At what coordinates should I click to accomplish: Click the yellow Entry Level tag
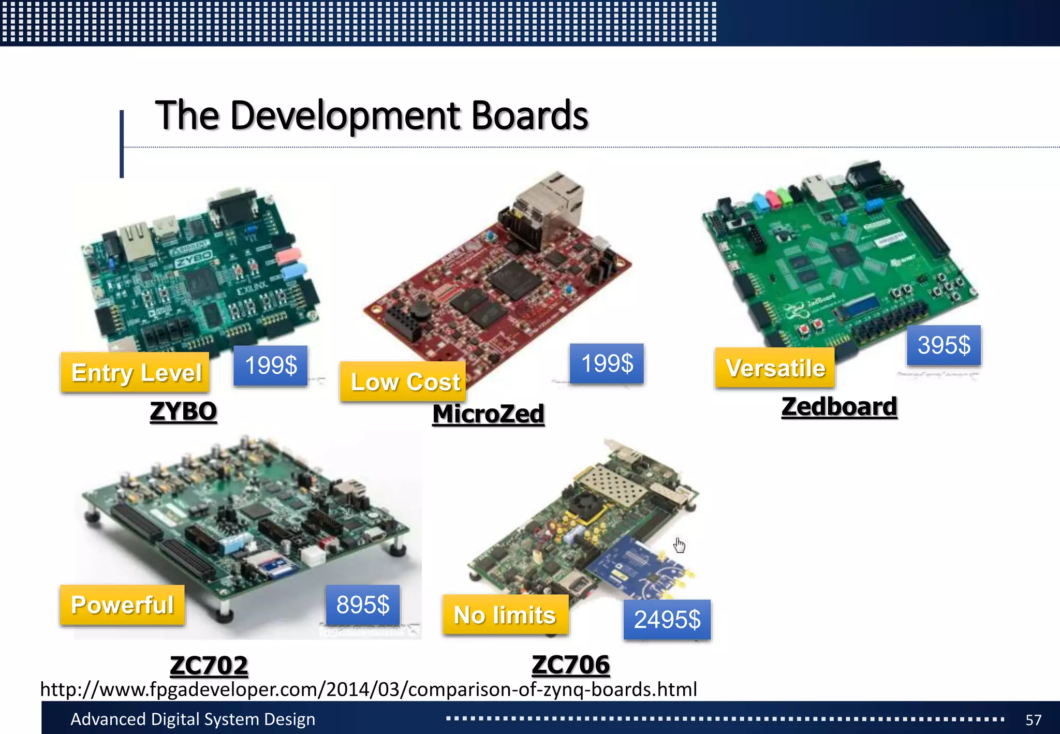tap(135, 373)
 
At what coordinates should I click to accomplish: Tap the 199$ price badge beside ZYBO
tap(270, 365)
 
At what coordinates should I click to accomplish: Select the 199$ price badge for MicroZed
tap(607, 363)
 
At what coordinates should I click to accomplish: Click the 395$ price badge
tap(944, 345)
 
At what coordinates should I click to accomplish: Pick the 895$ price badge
tap(363, 605)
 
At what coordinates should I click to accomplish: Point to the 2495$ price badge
tap(667, 620)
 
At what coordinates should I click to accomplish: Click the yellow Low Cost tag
tap(403, 382)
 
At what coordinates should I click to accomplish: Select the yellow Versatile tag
tap(775, 368)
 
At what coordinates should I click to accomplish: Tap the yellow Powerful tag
tap(122, 605)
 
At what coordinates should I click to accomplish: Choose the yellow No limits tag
tap(505, 615)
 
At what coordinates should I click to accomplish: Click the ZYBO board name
tap(183, 412)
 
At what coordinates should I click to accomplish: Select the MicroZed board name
tap(488, 414)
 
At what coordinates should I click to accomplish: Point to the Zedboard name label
tap(839, 407)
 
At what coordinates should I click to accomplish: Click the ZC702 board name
tap(209, 666)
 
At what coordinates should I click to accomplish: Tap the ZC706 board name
tap(571, 665)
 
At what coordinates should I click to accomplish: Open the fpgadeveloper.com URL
tap(369, 689)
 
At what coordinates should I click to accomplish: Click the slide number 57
tap(1033, 720)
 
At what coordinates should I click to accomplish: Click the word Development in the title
tap(346, 115)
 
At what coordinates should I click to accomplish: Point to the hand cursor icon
tap(680, 545)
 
